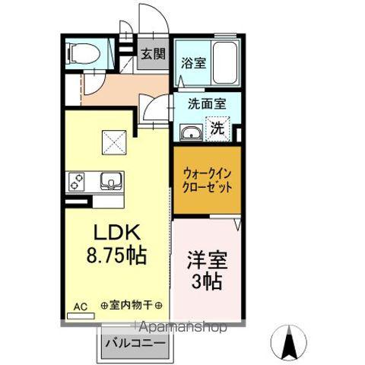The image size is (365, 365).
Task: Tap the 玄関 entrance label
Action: tap(153, 54)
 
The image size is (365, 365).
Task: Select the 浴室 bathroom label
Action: tap(192, 63)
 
